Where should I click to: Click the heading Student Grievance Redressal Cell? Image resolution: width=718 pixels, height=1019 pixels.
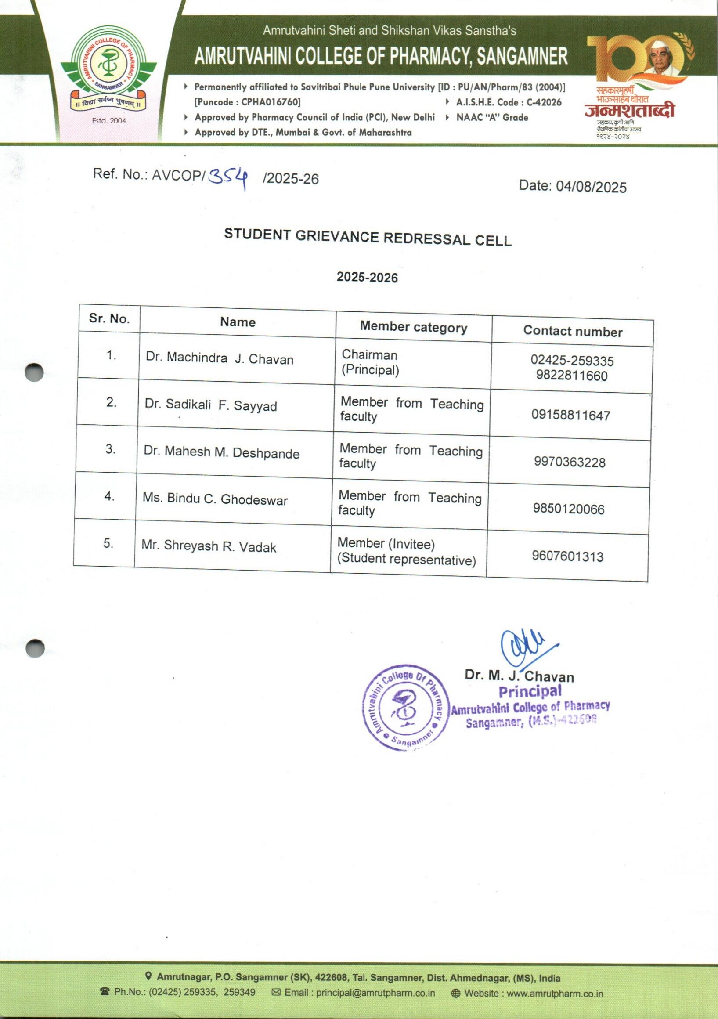[x=368, y=237]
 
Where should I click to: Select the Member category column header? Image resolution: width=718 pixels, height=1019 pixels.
[x=414, y=328]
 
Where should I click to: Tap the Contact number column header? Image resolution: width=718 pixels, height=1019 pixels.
[x=573, y=331]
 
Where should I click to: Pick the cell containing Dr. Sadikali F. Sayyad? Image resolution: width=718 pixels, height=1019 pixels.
[x=211, y=405]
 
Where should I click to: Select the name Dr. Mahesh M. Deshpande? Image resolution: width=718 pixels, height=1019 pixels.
[x=221, y=452]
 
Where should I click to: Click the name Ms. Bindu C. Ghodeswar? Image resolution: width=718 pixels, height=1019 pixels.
[x=215, y=499]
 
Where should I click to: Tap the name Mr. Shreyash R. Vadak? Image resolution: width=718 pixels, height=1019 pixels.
[x=209, y=546]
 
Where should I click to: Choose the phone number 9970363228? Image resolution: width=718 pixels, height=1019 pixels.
[x=569, y=463]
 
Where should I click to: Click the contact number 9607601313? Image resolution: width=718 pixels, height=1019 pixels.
[x=567, y=556]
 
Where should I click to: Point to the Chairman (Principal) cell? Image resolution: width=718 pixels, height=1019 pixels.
[x=370, y=362]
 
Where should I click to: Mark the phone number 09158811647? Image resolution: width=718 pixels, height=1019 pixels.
[x=571, y=416]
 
